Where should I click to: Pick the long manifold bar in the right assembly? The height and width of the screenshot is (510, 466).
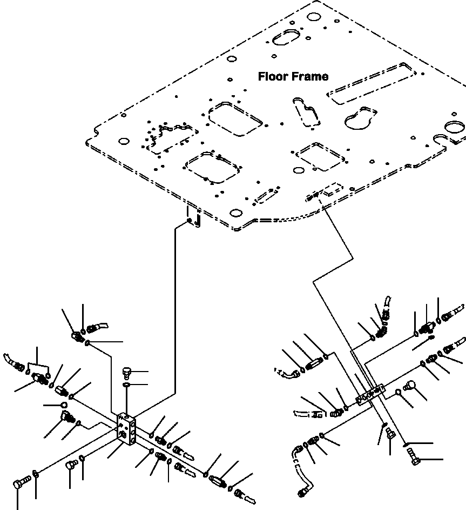pyautogui.click(x=370, y=395)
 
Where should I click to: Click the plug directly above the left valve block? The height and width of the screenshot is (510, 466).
pyautogui.click(x=127, y=373)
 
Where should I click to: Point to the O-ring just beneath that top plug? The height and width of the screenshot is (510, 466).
pyautogui.click(x=126, y=386)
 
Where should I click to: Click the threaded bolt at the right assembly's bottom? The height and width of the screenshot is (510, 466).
pyautogui.click(x=413, y=456)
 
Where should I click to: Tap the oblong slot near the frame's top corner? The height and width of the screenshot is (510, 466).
pyautogui.click(x=285, y=37)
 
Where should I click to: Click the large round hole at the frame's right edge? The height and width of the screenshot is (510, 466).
pyautogui.click(x=455, y=127)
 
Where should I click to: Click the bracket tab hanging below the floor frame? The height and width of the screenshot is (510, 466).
pyautogui.click(x=193, y=216)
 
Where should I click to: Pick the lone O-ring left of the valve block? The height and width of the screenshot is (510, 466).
pyautogui.click(x=64, y=405)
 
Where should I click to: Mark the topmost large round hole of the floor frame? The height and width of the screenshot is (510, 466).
pyautogui.click(x=314, y=17)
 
